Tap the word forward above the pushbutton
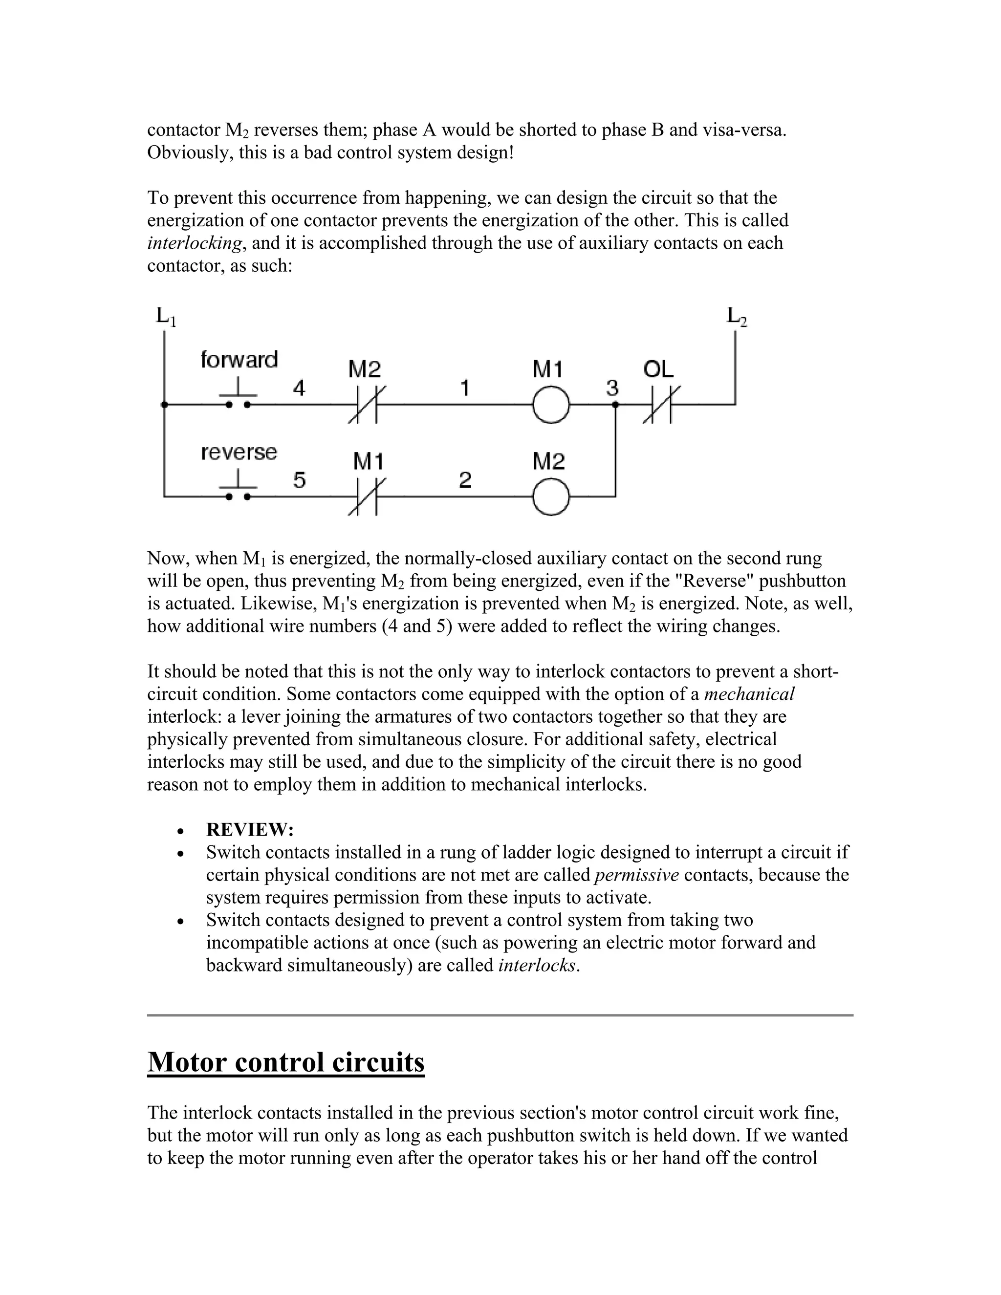click(239, 360)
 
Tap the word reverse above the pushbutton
click(239, 453)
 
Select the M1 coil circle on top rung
click(551, 405)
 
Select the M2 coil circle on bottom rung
click(551, 497)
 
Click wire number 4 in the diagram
click(300, 388)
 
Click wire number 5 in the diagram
click(300, 480)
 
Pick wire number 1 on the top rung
click(465, 388)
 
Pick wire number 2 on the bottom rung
click(465, 480)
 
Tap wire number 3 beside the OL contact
click(612, 388)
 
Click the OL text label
click(658, 370)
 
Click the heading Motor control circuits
click(286, 1062)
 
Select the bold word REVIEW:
click(250, 830)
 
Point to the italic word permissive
click(636, 875)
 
